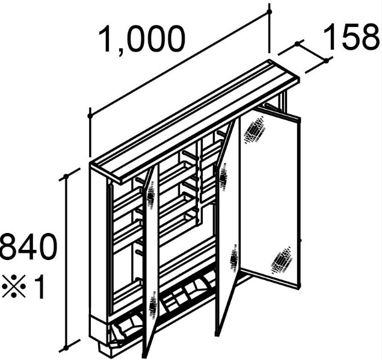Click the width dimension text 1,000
click(x=142, y=40)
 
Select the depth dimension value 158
click(x=352, y=37)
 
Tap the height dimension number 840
click(x=28, y=246)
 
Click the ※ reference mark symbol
click(x=14, y=286)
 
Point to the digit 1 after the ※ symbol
click(x=39, y=286)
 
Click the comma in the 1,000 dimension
click(x=121, y=52)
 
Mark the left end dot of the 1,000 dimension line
click(x=90, y=116)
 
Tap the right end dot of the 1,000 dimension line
click(x=269, y=11)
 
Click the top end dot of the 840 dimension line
click(x=66, y=176)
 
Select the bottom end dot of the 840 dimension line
click(x=66, y=348)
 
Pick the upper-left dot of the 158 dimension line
click(x=297, y=43)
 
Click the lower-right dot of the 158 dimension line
click(x=326, y=61)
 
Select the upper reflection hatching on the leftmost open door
click(x=151, y=197)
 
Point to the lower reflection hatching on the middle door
click(x=234, y=258)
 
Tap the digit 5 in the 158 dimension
click(x=352, y=37)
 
